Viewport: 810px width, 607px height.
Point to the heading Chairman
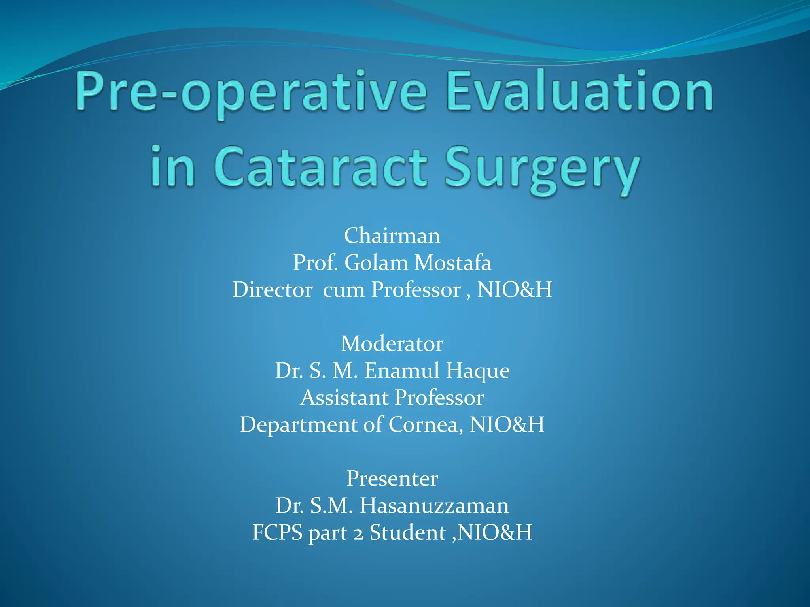392,236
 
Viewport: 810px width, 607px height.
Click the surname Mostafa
452,263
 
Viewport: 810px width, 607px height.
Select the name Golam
376,263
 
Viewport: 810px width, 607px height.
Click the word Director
273,290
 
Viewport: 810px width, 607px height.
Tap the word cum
344,290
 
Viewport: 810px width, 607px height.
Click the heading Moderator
392,343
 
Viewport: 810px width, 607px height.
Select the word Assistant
344,398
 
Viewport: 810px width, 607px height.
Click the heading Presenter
392,479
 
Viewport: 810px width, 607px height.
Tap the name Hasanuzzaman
434,505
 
